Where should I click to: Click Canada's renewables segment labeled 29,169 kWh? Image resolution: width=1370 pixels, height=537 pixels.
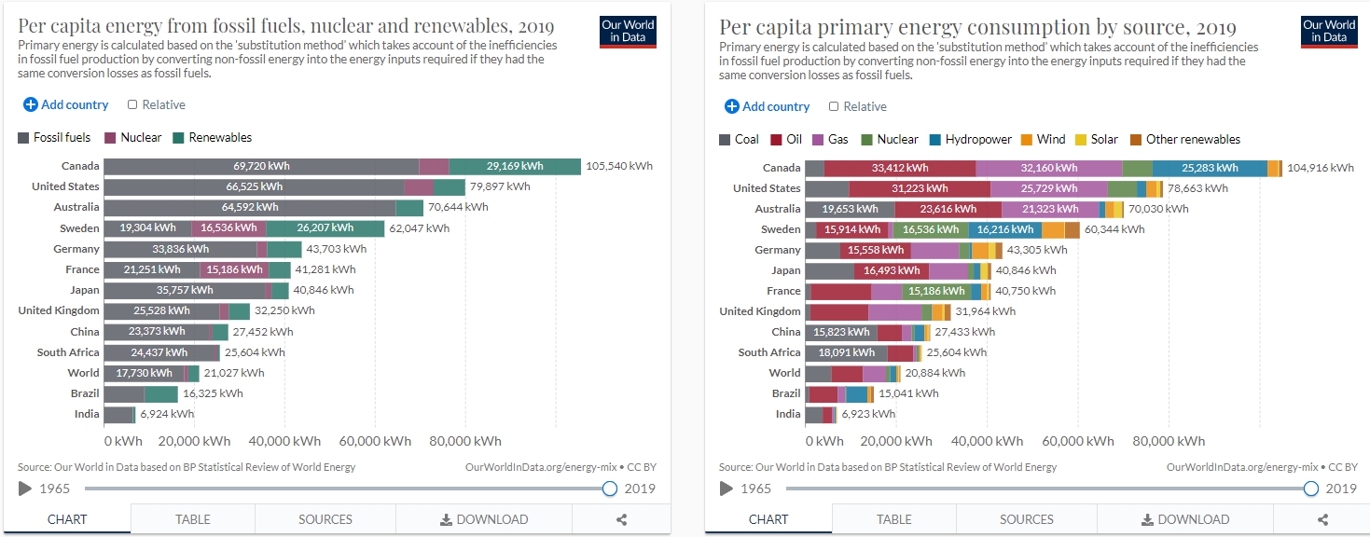coord(515,166)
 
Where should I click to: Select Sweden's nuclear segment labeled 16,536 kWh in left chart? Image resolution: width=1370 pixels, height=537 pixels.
coord(228,228)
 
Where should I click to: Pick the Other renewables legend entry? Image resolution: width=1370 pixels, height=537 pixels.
coord(1185,139)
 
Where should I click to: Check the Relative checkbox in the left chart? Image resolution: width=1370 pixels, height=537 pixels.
coord(133,105)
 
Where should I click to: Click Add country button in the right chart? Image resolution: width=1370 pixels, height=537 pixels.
coord(768,106)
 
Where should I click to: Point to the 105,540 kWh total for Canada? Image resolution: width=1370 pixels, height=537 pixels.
coord(618,166)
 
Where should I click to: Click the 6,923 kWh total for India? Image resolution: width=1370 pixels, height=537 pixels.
coord(867,414)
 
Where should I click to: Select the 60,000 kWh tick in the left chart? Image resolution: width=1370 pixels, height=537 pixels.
coord(373,441)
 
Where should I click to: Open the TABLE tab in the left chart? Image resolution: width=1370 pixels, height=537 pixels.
coord(193,519)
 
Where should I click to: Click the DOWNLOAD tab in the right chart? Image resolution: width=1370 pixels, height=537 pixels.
coord(1185,519)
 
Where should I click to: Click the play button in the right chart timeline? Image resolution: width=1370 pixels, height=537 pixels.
coord(727,489)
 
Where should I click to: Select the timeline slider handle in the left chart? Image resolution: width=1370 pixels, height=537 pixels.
coord(610,489)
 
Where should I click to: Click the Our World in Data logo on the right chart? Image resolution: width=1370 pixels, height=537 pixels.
coord(1328,31)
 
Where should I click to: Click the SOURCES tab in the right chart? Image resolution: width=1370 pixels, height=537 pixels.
coord(1027,519)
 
